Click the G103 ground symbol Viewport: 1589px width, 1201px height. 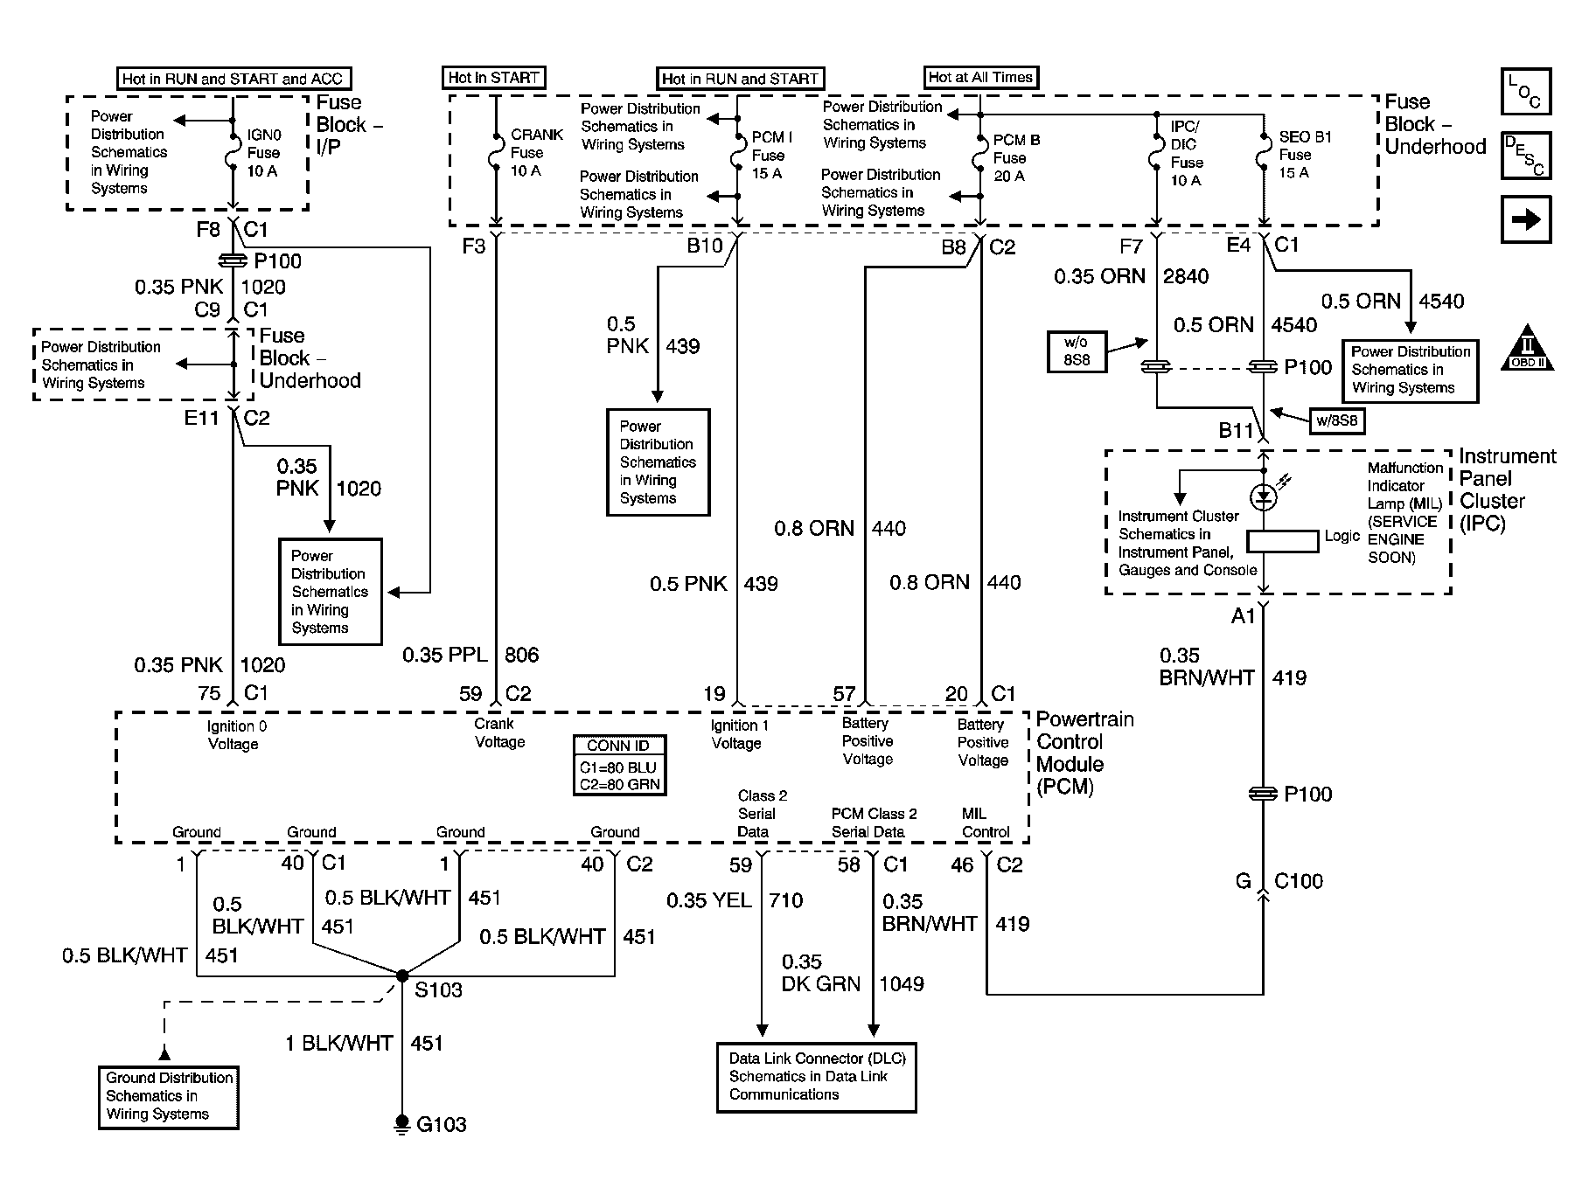[x=402, y=1122]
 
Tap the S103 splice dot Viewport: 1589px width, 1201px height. [x=402, y=975]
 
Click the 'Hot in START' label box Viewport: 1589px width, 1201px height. [x=494, y=78]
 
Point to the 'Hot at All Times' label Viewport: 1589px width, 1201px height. [x=981, y=77]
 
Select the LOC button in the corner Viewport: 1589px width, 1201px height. [x=1526, y=92]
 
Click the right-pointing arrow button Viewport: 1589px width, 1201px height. [x=1526, y=219]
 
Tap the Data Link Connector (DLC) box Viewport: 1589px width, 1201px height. [x=816, y=1077]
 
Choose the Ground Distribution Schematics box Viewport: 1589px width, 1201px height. [x=169, y=1096]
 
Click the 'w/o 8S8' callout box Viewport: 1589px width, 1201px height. [x=1077, y=351]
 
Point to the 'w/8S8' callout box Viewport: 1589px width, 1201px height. [x=1336, y=420]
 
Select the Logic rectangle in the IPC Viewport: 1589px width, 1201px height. [x=1282, y=541]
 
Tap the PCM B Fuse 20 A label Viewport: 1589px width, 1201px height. [x=1016, y=158]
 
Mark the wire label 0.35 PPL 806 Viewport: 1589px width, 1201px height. [x=470, y=655]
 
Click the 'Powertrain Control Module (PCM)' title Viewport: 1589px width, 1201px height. [x=1084, y=753]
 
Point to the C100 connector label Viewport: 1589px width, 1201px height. [x=1298, y=881]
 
